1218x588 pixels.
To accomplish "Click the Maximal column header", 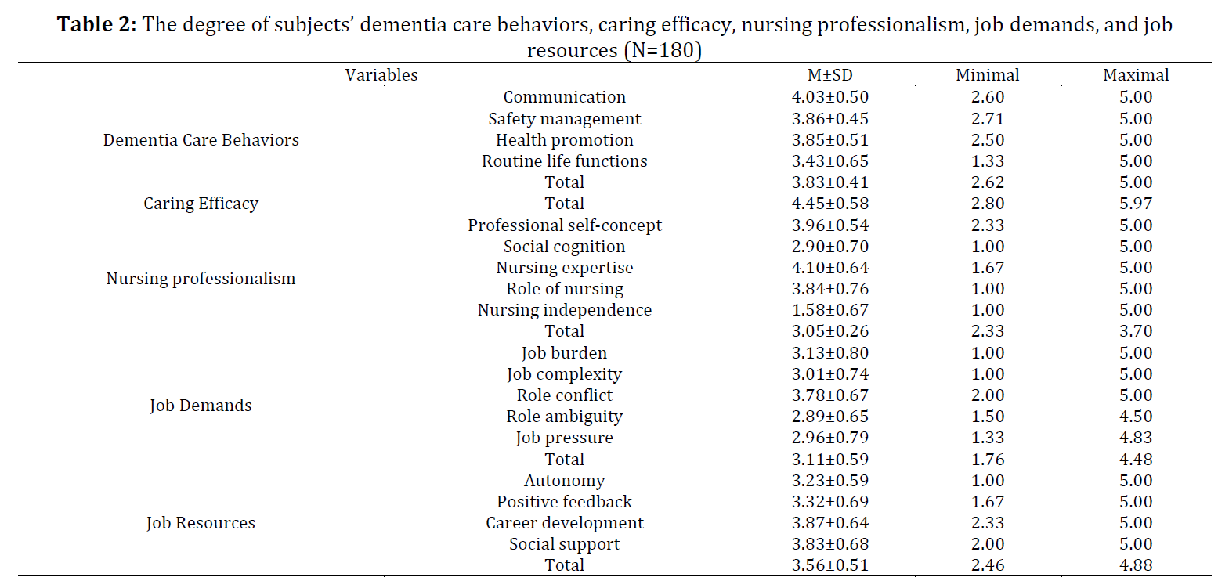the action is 1136,74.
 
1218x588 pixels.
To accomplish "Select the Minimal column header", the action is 988,74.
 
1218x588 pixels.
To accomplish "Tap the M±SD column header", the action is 829,74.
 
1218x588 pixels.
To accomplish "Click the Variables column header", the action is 381,74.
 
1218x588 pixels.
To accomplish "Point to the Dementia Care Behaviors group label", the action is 201,139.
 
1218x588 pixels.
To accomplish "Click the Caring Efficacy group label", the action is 201,204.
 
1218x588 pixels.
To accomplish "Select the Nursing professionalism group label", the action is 201,278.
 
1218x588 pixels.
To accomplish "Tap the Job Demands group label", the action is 201,406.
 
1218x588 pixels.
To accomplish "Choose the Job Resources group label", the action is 201,523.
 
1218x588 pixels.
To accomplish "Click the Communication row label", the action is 565,97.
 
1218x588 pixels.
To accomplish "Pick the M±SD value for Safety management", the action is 829,118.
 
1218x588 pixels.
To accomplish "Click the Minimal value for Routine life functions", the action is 988,161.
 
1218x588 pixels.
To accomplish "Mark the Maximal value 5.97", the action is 1136,204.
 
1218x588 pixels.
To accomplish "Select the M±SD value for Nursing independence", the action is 829,310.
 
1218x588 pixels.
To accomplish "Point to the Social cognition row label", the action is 565,247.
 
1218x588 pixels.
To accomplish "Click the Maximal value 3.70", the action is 1136,331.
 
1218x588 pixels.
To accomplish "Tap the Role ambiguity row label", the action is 565,417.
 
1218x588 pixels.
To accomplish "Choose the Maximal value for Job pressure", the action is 1136,438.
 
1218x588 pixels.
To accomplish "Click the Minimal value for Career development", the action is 988,523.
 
